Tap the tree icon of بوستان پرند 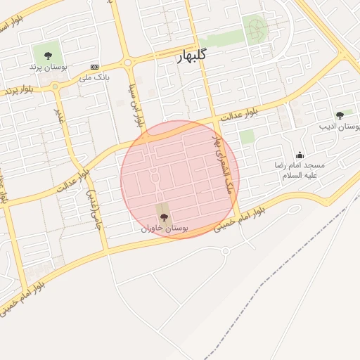(48, 55)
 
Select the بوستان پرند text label (48, 67)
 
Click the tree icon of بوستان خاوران (164, 217)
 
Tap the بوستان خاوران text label (165, 229)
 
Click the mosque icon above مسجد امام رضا (300, 155)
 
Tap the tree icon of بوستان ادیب (340, 115)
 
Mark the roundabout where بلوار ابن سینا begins (128, 63)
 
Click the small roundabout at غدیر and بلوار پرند (56, 86)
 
